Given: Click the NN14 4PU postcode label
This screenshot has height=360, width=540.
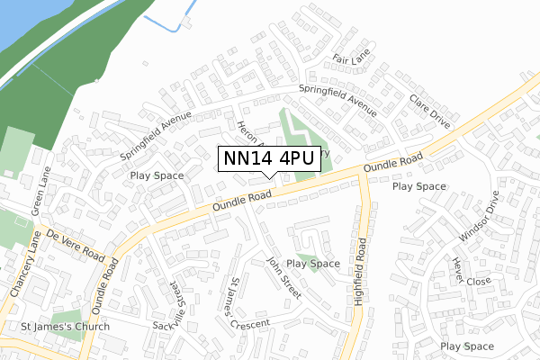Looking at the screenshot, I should click(x=268, y=158).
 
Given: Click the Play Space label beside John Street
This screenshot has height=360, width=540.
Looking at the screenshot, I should click(x=313, y=264).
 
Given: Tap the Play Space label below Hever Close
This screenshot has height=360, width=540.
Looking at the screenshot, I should click(x=468, y=346).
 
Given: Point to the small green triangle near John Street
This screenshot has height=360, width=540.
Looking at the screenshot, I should click(x=306, y=260).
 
